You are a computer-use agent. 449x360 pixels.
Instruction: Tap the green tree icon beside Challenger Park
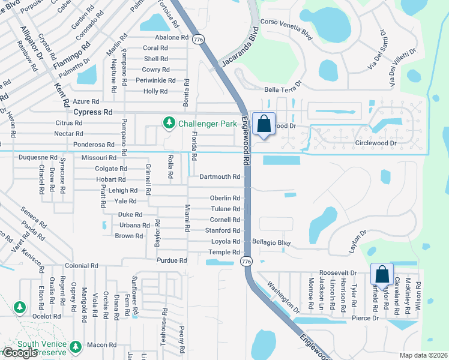(169, 123)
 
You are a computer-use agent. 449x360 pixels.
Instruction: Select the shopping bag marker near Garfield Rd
(382, 275)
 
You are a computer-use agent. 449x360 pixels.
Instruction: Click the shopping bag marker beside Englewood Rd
(264, 125)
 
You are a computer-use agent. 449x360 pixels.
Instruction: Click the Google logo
(20, 353)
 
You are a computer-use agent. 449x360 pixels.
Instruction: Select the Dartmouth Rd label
(220, 177)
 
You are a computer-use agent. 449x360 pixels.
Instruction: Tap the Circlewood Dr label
(376, 143)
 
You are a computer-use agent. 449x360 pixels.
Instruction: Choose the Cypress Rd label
(92, 112)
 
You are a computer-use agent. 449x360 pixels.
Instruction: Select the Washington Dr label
(283, 298)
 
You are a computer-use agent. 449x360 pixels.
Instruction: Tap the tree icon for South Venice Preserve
(76, 346)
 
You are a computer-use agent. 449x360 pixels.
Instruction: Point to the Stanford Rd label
(223, 230)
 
